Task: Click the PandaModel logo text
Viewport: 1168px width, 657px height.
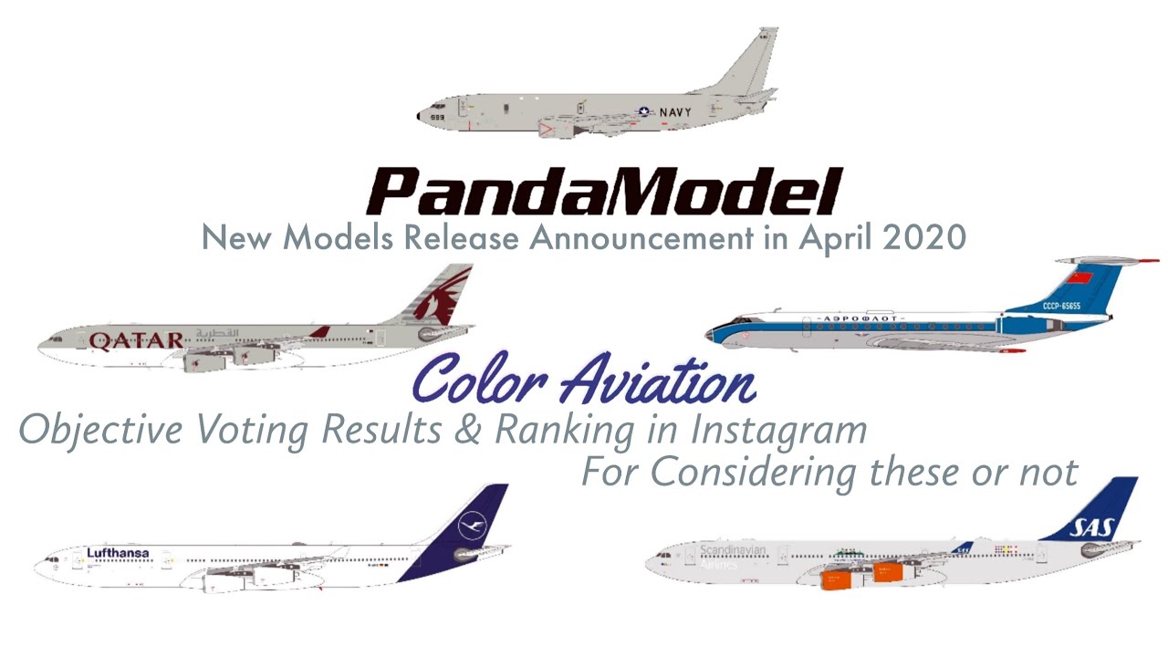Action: tap(602, 192)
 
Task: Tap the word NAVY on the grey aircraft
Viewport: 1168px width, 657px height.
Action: tap(675, 112)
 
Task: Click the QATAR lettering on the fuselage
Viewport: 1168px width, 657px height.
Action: tap(137, 341)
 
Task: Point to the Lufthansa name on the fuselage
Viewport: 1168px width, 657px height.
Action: tap(118, 553)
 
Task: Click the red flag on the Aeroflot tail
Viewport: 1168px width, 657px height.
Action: tap(1080, 277)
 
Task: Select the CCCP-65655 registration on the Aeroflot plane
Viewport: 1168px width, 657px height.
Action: tap(1061, 306)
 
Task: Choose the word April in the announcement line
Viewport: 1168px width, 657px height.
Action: tap(825, 239)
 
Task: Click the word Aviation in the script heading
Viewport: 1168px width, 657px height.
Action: tap(656, 383)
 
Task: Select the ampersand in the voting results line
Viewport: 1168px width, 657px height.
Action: tap(468, 430)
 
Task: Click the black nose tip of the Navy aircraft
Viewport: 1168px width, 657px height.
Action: tap(420, 117)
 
